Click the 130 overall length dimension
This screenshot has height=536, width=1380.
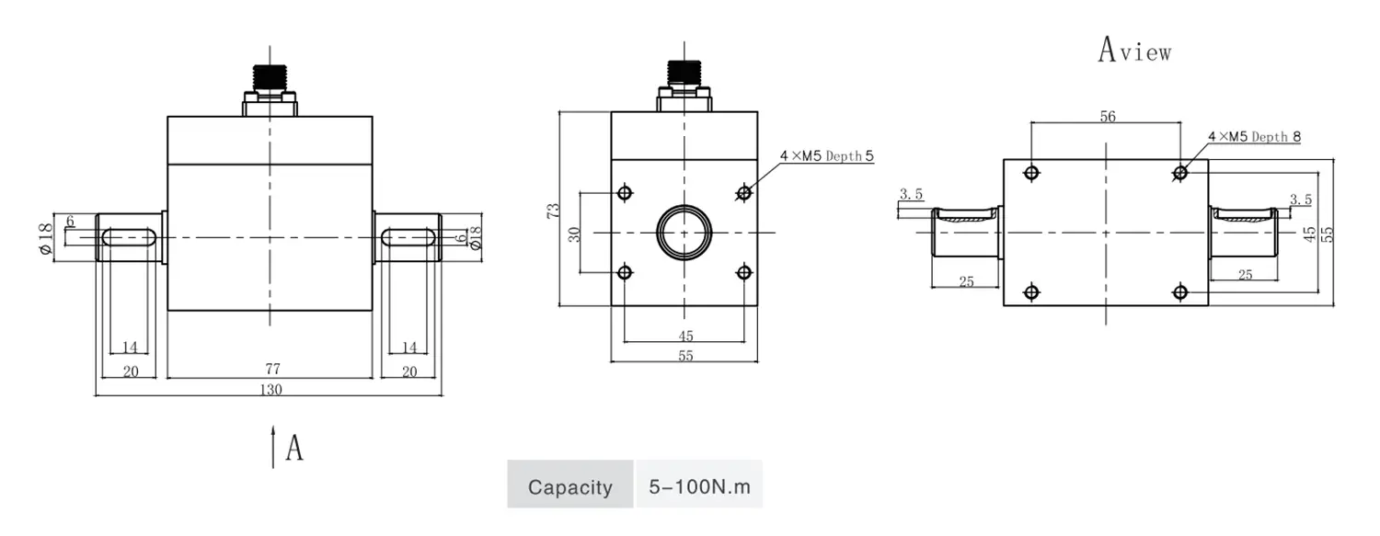271,390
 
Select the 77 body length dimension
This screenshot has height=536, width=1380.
273,369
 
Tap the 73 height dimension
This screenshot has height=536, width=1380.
553,211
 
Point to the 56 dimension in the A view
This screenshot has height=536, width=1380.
1108,117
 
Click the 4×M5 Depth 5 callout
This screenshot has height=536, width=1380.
827,155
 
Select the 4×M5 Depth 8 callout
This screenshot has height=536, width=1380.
1254,137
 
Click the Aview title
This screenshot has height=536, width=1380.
1134,51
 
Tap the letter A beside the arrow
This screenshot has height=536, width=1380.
294,448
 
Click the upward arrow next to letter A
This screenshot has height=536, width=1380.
273,447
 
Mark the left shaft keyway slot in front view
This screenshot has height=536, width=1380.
129,237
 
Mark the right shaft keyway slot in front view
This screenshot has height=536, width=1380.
408,237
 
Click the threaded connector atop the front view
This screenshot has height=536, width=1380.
270,77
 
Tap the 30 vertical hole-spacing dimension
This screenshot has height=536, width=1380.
574,234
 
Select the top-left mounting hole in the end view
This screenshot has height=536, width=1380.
625,193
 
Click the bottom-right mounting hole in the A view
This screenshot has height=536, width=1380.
1179,291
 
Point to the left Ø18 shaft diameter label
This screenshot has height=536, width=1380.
45,238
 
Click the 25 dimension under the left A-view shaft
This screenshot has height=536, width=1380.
966,282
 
